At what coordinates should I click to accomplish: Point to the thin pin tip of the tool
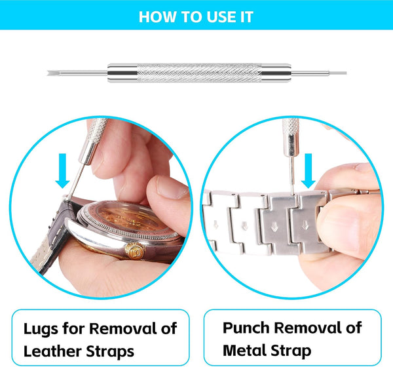[345, 73]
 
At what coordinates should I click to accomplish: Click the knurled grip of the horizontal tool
[199, 73]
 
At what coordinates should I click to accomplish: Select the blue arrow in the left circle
[62, 170]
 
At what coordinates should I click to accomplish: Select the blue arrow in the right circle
[308, 170]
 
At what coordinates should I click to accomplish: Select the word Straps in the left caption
[110, 352]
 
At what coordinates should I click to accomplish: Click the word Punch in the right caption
[246, 328]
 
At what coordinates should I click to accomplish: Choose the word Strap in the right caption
[291, 351]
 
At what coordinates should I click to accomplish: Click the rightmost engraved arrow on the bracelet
[305, 225]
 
